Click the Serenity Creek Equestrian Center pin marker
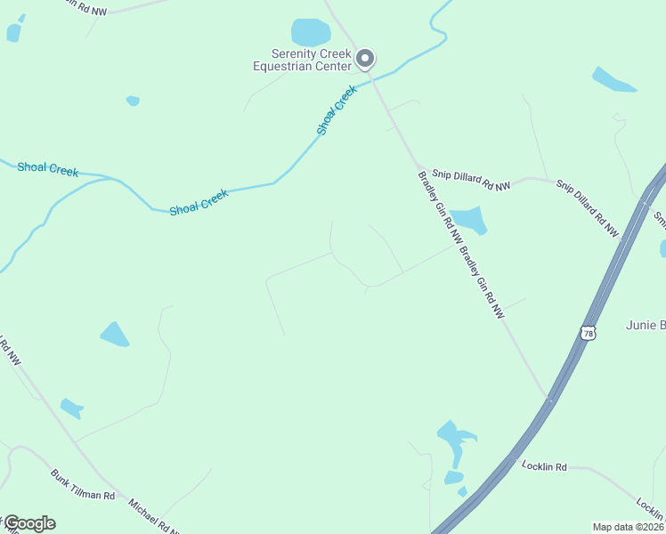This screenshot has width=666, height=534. [x=365, y=59]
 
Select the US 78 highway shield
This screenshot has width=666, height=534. [x=587, y=333]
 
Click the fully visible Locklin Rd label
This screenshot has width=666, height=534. [x=545, y=465]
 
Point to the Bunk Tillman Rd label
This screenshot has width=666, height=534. [x=83, y=483]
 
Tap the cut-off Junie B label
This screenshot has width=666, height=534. [x=646, y=325]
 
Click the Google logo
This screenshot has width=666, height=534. [x=28, y=523]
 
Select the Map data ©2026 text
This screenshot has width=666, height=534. [x=628, y=527]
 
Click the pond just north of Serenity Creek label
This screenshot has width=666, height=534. [x=311, y=32]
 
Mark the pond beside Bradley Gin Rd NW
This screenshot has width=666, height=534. [x=468, y=220]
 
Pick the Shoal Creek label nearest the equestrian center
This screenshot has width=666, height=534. [x=337, y=110]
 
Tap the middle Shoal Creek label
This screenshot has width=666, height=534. [x=199, y=202]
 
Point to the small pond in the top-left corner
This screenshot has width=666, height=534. [x=13, y=32]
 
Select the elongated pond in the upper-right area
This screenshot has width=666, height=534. [x=613, y=80]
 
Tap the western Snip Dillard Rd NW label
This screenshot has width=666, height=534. [x=471, y=180]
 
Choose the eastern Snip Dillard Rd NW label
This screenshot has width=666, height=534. [x=588, y=208]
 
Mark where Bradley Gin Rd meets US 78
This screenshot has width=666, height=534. [x=548, y=398]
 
